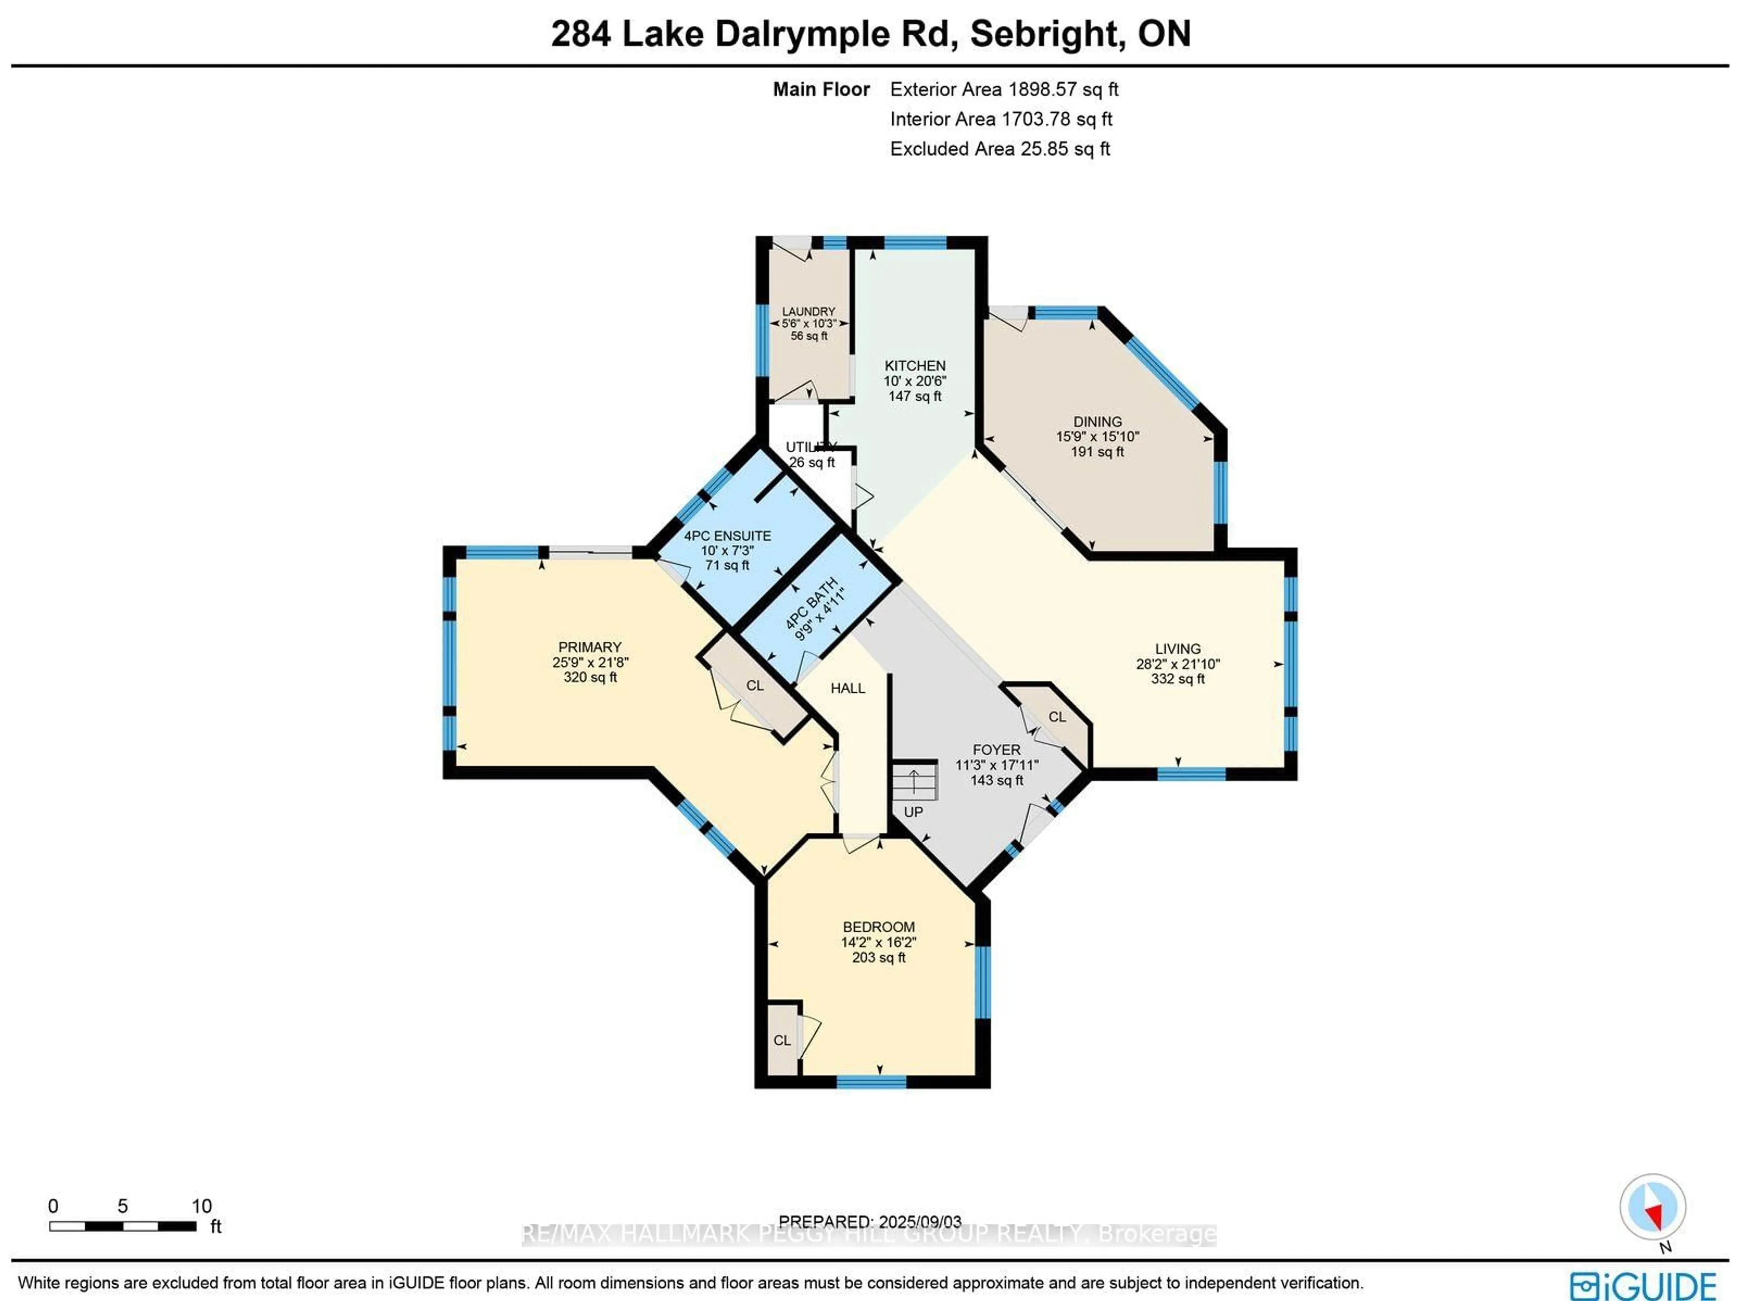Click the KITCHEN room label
(915, 365)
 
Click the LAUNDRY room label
(808, 312)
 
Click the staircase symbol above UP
(915, 782)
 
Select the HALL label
(848, 688)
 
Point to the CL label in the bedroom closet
(782, 1041)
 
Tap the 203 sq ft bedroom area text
(879, 958)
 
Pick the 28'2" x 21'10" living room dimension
(1177, 664)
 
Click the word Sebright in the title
(1043, 34)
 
